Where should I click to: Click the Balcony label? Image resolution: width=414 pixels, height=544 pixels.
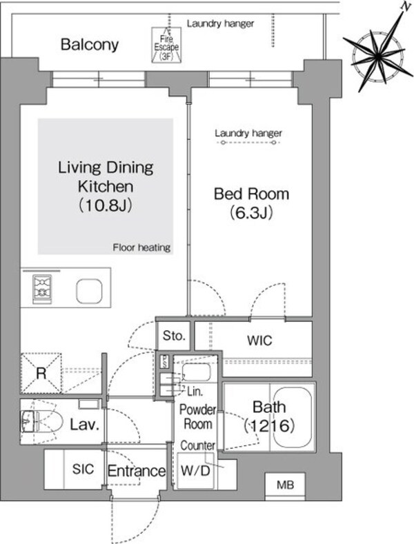(90, 46)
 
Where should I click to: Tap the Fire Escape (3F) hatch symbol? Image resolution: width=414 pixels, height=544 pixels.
(166, 44)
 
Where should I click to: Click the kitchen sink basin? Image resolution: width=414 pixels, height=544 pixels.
(89, 290)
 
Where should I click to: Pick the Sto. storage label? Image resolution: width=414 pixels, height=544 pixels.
(174, 336)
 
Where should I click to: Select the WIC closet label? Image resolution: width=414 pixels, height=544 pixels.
(259, 341)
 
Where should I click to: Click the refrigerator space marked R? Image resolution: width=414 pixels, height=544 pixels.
(41, 373)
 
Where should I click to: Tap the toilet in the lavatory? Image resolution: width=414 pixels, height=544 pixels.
(41, 421)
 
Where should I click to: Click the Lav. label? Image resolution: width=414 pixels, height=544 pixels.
(85, 425)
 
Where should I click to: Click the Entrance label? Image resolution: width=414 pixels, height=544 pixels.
(137, 472)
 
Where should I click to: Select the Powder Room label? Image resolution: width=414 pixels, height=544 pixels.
(197, 417)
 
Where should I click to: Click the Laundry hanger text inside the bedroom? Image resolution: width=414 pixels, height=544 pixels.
(248, 133)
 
